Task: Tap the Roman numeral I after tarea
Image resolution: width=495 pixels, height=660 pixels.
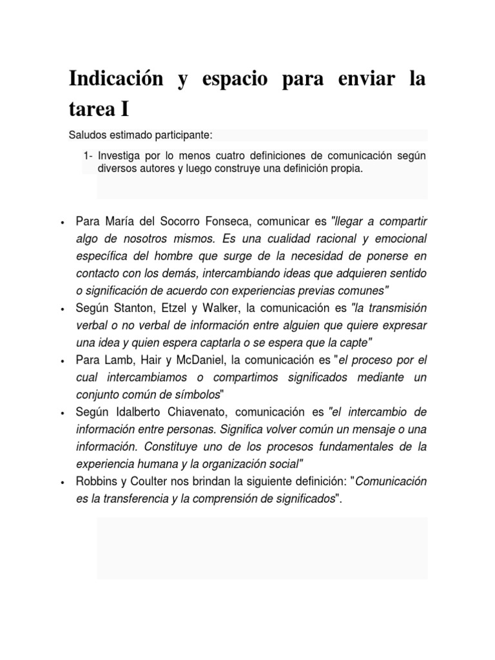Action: pyautogui.click(x=123, y=109)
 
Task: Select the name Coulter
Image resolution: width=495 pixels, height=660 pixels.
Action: pyautogui.click(x=150, y=481)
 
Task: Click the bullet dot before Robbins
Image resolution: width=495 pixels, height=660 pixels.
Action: pyautogui.click(x=61, y=482)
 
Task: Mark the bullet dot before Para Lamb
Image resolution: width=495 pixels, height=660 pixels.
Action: pyautogui.click(x=61, y=360)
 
